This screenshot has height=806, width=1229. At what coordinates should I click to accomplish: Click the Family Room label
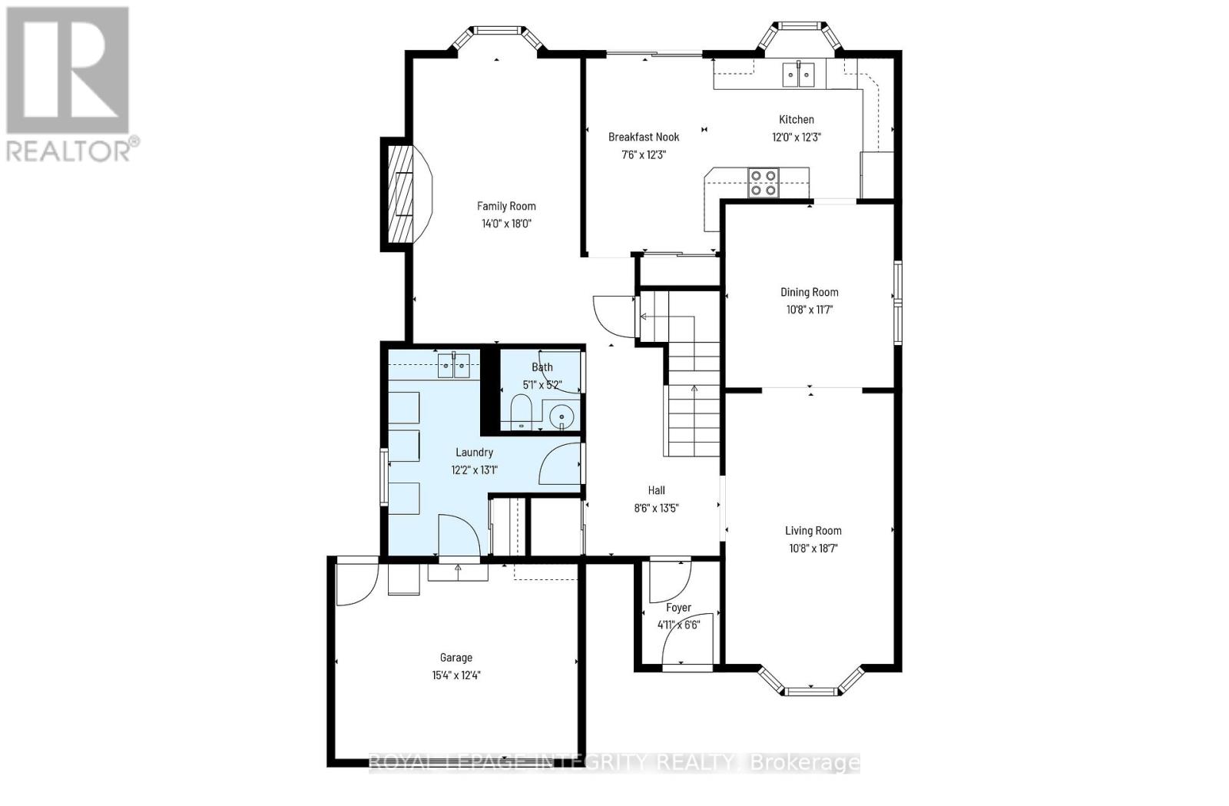[x=506, y=206]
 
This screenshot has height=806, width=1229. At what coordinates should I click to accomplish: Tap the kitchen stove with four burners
[x=764, y=182]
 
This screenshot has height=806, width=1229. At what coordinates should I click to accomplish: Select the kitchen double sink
[x=798, y=75]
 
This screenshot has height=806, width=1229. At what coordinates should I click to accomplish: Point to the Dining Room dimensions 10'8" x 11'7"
[x=809, y=310]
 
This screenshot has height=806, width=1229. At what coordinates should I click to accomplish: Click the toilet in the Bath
[x=521, y=411]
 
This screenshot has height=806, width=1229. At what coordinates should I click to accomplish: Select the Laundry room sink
[x=454, y=366]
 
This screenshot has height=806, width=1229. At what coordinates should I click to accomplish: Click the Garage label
[x=455, y=658]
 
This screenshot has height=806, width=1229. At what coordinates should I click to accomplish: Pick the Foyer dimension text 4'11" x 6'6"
[x=678, y=625]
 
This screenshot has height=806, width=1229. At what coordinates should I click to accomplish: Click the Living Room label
[x=813, y=530]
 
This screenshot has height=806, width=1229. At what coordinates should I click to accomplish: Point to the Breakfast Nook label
[x=644, y=137]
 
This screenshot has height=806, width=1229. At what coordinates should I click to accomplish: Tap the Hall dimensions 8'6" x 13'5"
[x=656, y=508]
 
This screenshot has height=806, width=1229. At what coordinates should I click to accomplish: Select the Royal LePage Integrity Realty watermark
[x=614, y=762]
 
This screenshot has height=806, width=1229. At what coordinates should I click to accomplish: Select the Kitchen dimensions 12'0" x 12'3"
[x=797, y=138]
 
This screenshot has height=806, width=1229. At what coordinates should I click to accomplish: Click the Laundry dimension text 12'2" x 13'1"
[x=474, y=469]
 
